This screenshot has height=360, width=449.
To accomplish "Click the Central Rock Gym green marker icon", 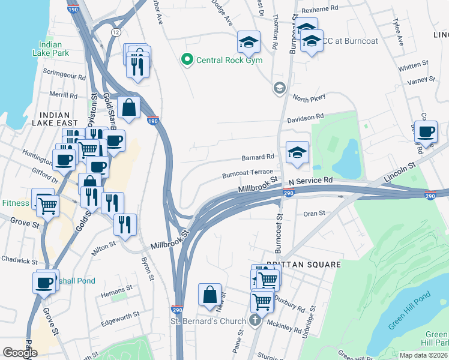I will click(187, 59).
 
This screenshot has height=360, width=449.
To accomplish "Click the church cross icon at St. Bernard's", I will click(255, 320).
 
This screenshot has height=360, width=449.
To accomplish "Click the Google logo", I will click(20, 352).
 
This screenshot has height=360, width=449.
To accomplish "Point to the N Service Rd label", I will click(310, 180).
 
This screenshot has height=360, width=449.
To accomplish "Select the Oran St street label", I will click(313, 213).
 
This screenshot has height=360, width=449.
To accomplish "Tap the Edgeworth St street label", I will click(119, 314).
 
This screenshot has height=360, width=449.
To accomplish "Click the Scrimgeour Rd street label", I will click(65, 76).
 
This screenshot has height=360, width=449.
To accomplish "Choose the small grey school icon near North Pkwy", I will click(279, 88).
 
